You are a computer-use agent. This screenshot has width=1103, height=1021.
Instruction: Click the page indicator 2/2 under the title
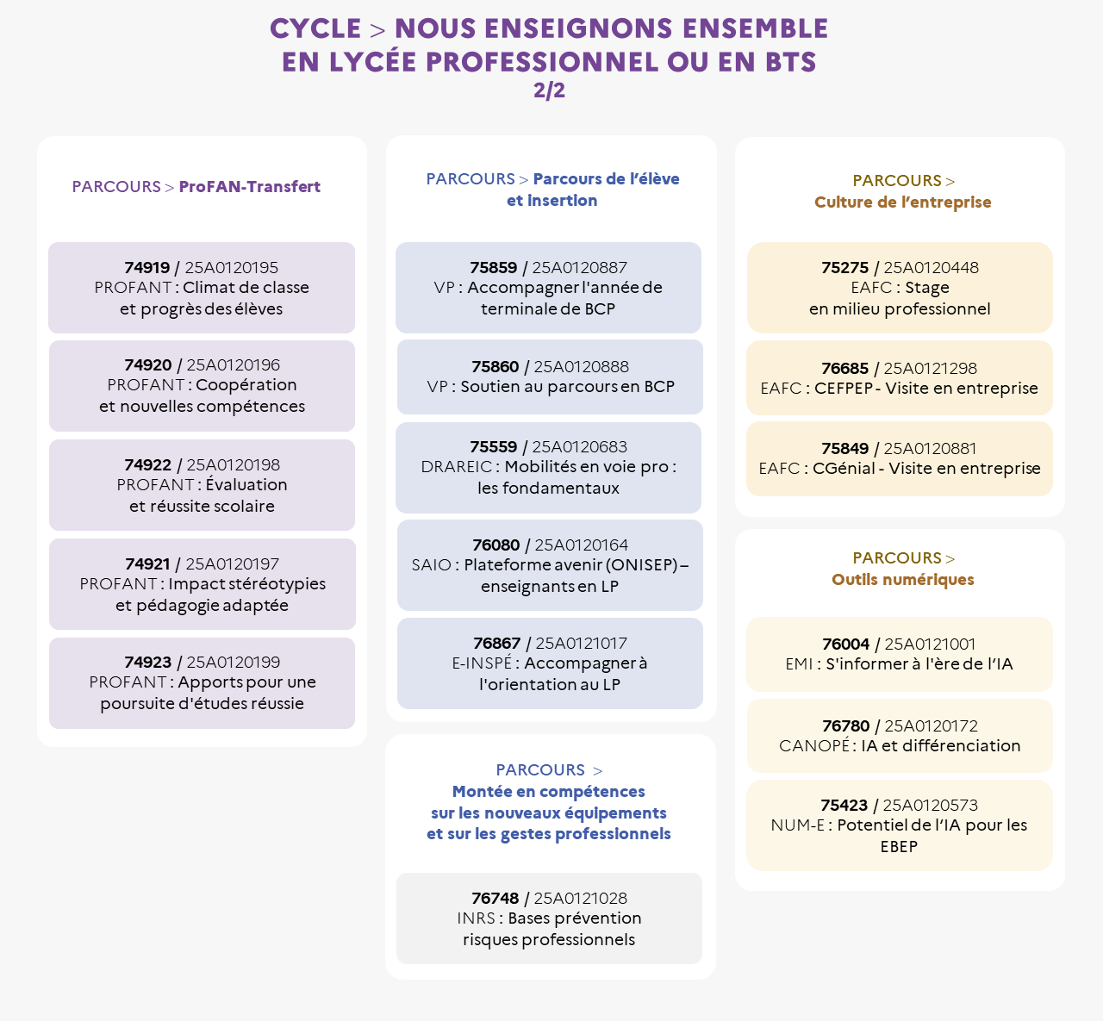coord(549,90)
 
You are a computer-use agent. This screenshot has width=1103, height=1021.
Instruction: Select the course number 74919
coord(147,268)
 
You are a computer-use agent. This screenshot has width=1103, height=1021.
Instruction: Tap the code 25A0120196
coord(234,365)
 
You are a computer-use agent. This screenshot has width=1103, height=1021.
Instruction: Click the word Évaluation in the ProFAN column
coord(246,484)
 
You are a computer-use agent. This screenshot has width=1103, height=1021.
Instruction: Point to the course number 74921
coord(147,563)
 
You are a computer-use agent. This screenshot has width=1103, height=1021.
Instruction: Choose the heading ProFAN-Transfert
coord(249,187)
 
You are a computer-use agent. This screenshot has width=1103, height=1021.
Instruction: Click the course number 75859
coord(493,268)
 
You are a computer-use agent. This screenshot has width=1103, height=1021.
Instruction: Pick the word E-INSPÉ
coord(482,663)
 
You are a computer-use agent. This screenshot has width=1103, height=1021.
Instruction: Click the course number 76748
coord(495,899)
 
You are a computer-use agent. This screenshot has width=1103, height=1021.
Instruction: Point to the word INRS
coord(476,918)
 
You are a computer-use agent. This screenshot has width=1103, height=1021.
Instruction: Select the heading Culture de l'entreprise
coord(902,202)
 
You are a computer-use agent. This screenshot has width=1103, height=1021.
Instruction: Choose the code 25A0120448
coord(931,268)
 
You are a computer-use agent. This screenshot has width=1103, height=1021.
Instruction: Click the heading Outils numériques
coord(902,579)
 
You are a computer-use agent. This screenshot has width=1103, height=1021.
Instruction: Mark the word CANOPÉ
coord(814,745)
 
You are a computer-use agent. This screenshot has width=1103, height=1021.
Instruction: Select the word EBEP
coord(899,847)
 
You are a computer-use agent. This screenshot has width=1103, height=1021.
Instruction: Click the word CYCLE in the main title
coord(315,29)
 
